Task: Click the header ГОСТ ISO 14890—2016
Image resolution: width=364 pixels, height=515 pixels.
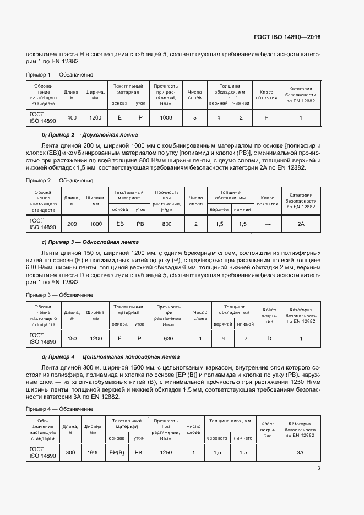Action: point(286,37)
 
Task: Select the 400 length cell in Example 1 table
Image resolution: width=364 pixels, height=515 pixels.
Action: point(72,118)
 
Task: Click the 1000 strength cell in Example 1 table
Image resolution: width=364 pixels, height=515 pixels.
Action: point(165,118)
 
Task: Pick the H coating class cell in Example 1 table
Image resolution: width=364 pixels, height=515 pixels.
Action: point(267,118)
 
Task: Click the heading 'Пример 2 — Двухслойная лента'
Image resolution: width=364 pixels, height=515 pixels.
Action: point(90,134)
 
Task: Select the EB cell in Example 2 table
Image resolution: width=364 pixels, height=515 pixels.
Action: point(120,224)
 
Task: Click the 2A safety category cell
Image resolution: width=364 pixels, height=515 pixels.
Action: point(301,224)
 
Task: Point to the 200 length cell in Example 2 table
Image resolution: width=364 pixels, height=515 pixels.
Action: point(72,224)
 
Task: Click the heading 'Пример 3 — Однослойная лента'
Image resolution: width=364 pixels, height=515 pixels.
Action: point(91,242)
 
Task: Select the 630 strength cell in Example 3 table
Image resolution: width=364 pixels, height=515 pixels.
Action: point(168,338)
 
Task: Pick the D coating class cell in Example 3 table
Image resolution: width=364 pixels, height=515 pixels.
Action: point(269,338)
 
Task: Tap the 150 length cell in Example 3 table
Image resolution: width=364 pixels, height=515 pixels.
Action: point(72,338)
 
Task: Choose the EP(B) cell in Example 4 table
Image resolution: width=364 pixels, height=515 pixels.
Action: point(117,452)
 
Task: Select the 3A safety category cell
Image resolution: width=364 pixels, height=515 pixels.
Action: point(301,452)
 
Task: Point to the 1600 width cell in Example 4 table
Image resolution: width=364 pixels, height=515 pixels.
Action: point(93,452)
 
